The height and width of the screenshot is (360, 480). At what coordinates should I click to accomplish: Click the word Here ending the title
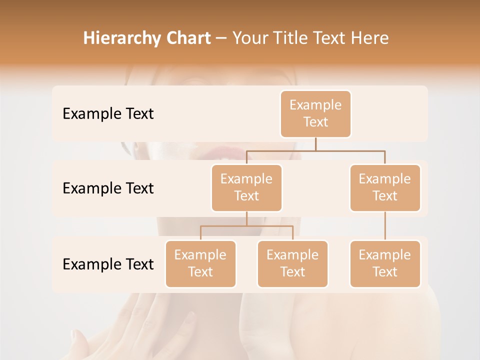pos(370,38)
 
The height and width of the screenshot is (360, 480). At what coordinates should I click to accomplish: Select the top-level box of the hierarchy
pos(315,114)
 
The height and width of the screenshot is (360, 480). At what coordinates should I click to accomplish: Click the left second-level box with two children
pos(246,188)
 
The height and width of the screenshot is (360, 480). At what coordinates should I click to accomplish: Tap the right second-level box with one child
pos(385,188)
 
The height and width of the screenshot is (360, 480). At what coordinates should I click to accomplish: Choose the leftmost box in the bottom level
pos(200,264)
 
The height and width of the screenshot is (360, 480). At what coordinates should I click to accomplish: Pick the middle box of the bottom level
pos(292,264)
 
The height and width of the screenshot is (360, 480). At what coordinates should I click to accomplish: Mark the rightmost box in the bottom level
pos(385,264)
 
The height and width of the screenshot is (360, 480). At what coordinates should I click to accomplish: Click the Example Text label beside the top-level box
pos(108,114)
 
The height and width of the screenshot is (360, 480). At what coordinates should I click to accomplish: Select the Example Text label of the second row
pos(108,188)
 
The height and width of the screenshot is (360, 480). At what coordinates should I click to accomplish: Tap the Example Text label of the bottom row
pos(108,264)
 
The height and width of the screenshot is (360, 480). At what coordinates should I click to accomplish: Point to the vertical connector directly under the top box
pos(315,144)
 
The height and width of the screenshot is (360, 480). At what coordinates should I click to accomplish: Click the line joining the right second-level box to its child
pos(385,226)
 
